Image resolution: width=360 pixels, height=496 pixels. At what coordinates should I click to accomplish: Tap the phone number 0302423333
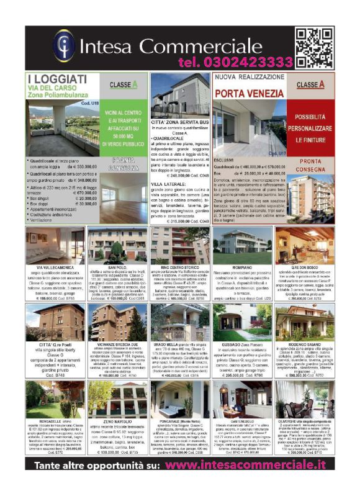click(235, 62)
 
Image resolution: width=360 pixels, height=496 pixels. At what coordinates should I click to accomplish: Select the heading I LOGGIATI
click(57, 80)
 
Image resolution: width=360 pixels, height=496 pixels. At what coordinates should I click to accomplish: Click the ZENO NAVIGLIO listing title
click(117, 420)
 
